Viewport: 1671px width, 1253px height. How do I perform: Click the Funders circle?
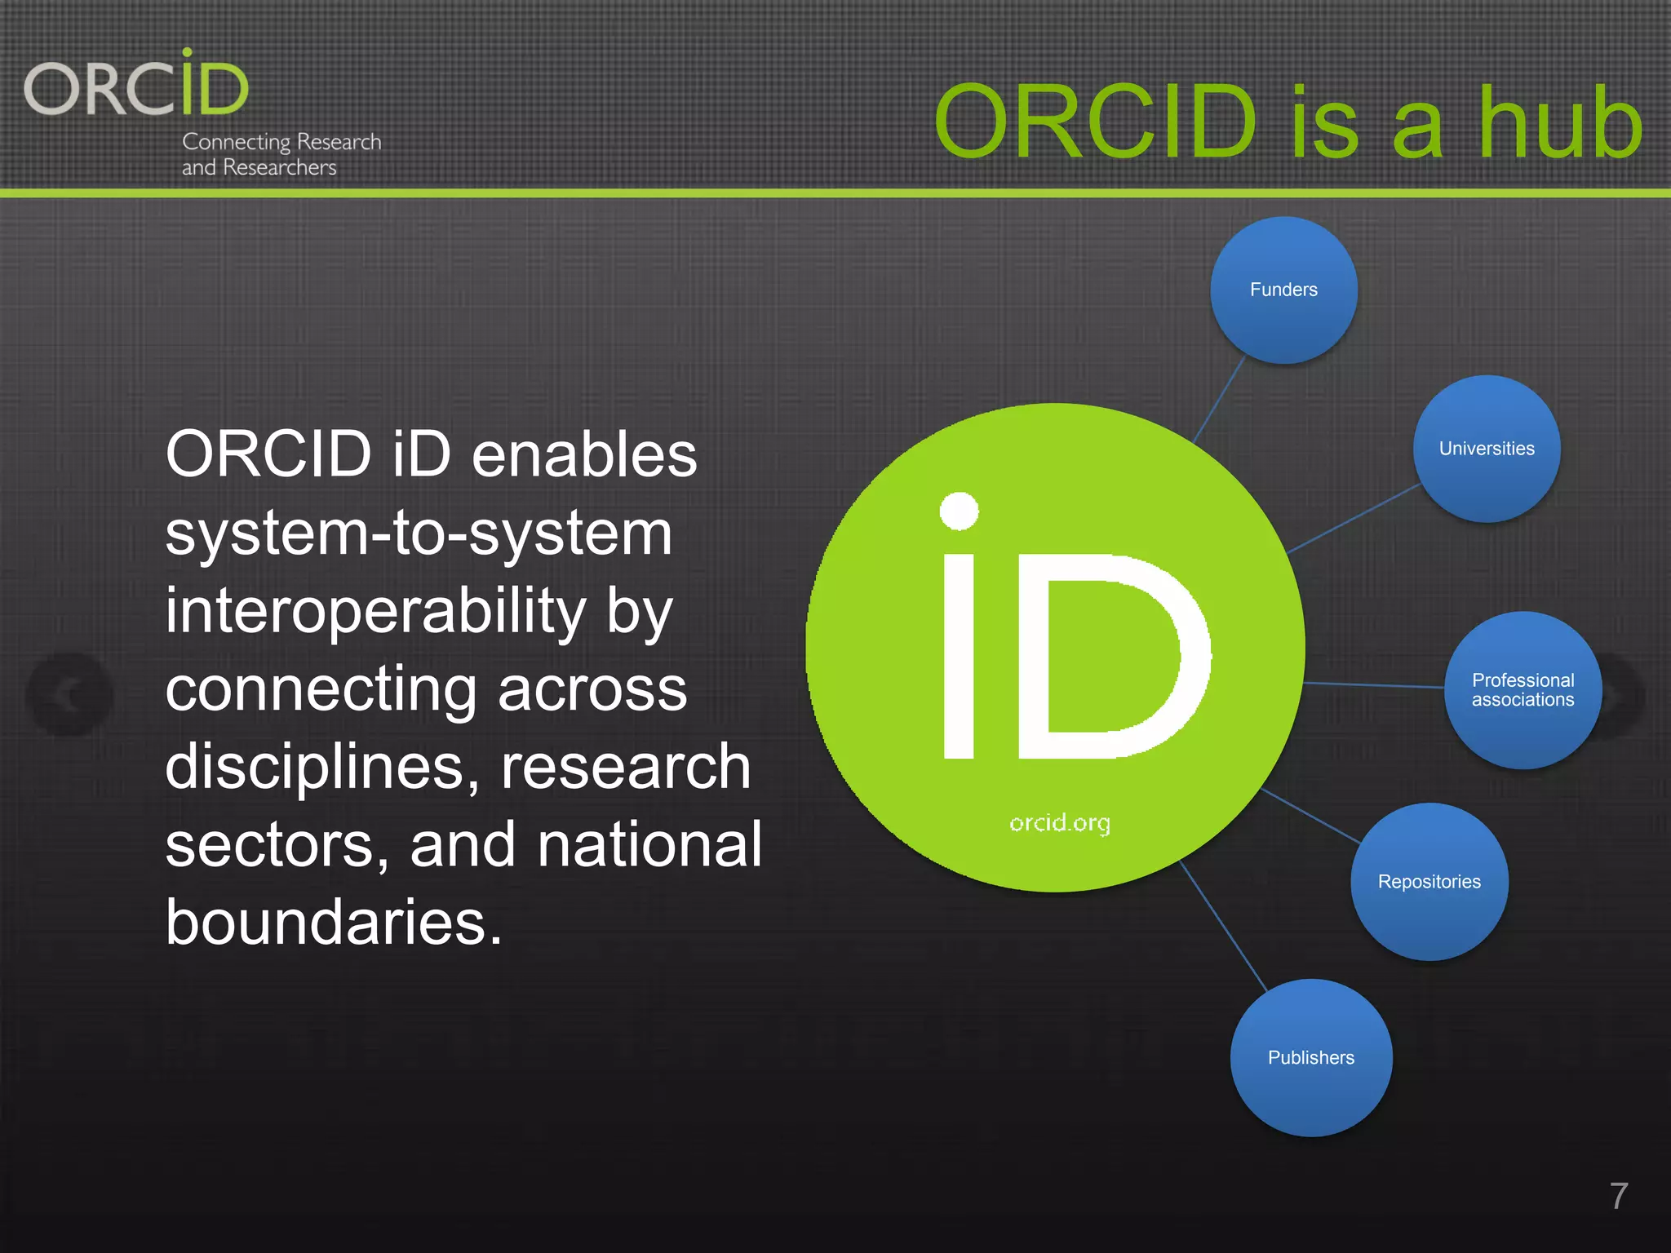tap(1283, 290)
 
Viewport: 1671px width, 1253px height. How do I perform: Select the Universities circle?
tap(1487, 449)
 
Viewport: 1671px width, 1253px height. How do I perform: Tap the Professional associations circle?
tap(1523, 690)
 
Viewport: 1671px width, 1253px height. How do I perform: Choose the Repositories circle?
tap(1429, 882)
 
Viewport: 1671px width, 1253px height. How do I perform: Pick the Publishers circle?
tap(1310, 1058)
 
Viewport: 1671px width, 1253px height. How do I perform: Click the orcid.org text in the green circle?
tap(1059, 822)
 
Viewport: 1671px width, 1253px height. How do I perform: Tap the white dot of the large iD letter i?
tap(959, 511)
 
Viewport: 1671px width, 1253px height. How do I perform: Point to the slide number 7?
tap(1619, 1196)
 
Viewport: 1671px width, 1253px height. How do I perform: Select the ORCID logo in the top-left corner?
tap(136, 86)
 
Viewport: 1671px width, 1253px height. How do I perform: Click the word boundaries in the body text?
tap(333, 923)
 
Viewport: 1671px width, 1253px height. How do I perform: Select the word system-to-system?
tap(419, 533)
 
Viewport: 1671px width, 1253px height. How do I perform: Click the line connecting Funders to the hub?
tap(1219, 400)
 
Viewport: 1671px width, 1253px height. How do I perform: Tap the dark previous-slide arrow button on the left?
tap(70, 695)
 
